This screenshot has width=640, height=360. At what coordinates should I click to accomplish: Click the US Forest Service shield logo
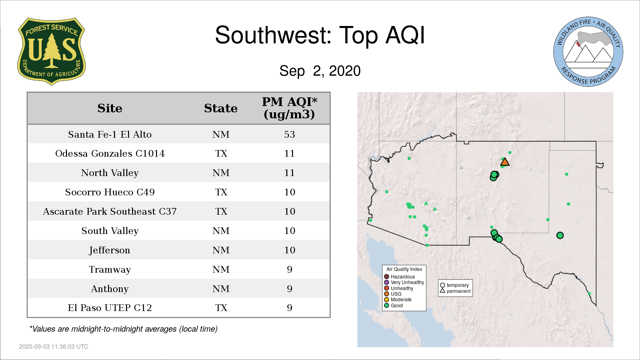point(51,52)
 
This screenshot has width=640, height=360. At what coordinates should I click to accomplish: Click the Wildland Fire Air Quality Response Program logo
point(588,52)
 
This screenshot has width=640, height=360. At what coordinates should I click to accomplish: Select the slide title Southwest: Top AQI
point(320,35)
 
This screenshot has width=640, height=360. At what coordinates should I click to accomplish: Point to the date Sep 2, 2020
point(320,71)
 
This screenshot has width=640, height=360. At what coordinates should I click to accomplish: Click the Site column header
point(110,108)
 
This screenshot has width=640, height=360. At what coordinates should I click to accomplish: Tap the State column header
point(221,108)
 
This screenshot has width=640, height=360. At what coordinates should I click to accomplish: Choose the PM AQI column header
point(289,108)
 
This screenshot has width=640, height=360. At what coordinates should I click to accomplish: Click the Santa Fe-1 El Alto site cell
point(110,134)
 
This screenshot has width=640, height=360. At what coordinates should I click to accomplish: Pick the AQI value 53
point(289,134)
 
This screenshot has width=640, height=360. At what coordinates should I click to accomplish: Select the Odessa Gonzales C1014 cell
point(110,153)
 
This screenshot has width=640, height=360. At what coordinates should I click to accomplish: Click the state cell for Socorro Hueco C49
point(221,192)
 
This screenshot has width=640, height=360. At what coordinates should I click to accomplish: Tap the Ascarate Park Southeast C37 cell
point(110,211)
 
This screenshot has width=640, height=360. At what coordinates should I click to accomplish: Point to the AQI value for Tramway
point(289,269)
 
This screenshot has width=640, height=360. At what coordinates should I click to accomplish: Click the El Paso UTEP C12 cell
point(110,308)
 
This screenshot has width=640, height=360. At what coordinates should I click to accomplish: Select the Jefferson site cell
point(110,250)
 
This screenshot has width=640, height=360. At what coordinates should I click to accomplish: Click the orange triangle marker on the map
point(505,162)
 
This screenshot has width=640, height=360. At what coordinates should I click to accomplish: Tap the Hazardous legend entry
point(399,277)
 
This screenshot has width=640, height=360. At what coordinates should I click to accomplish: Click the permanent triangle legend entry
point(455,291)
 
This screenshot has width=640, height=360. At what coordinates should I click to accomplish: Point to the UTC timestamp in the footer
point(54,347)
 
